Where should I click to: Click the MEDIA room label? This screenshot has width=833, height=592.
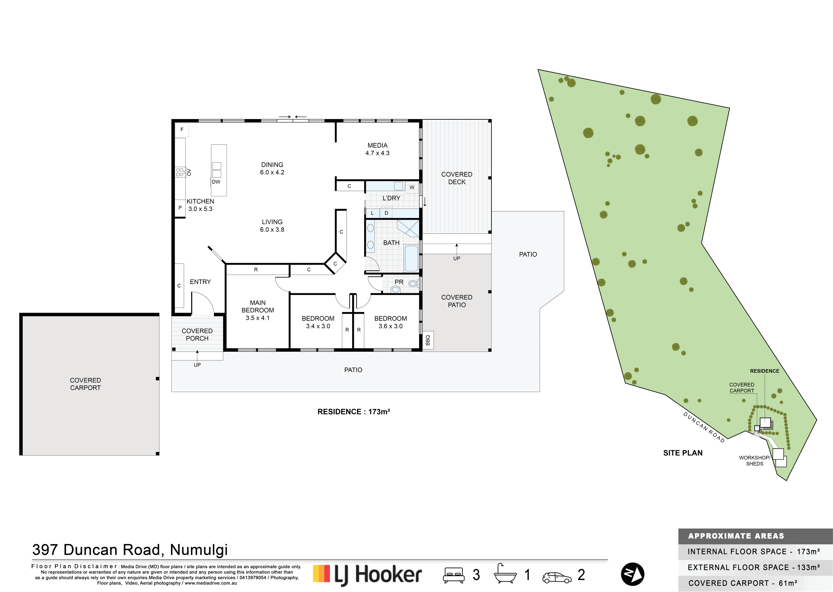[378, 145]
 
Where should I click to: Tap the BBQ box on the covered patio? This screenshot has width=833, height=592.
[428, 340]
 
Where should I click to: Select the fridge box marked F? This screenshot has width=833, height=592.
[182, 130]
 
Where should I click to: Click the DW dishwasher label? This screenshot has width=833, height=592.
[216, 182]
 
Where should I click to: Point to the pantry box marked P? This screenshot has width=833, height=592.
[180, 208]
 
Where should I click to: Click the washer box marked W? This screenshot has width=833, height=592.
[412, 187]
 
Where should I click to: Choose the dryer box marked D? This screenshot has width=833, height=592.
[386, 213]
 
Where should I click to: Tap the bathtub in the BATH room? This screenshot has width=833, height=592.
[412, 258]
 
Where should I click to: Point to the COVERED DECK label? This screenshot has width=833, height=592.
[456, 178]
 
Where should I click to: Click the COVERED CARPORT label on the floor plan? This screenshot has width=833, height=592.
[85, 384]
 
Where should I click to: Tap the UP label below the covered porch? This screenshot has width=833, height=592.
[197, 365]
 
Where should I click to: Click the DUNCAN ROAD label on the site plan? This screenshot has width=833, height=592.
[704, 427]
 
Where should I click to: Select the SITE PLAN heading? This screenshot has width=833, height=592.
[683, 453]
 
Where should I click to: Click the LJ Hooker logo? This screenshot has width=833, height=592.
[367, 575]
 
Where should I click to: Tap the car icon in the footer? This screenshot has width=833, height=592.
[557, 577]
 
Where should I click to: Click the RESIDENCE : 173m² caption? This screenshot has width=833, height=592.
[354, 412]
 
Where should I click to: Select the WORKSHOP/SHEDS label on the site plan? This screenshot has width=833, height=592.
[755, 461]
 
